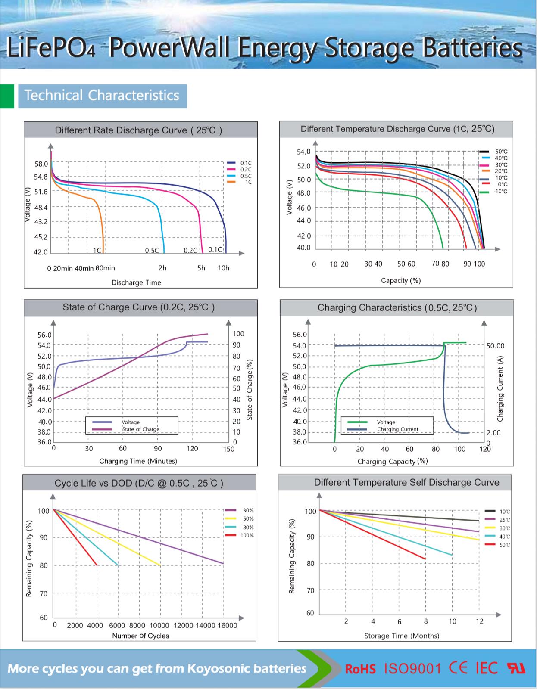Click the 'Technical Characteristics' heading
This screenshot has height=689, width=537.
pos(102,95)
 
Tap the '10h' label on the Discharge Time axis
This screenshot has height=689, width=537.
pos(224,268)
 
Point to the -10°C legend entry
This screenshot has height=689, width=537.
pos(500,191)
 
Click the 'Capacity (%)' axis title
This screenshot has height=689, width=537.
pos(401,280)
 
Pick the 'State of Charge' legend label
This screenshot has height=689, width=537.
pos(140,429)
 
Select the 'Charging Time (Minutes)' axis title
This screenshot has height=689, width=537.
pos(138,461)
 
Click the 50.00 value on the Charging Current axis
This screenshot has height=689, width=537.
pos(495,346)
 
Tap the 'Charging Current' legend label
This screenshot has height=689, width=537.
pos(397,429)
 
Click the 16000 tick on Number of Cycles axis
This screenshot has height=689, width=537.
pos(227,625)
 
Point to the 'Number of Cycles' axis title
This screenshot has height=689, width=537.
pos(140,636)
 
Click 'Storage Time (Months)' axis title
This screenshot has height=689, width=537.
pos(402,636)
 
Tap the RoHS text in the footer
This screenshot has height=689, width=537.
pos(360,669)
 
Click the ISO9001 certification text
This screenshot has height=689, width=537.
pos(412,668)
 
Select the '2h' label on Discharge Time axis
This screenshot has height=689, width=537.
pos(162,268)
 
